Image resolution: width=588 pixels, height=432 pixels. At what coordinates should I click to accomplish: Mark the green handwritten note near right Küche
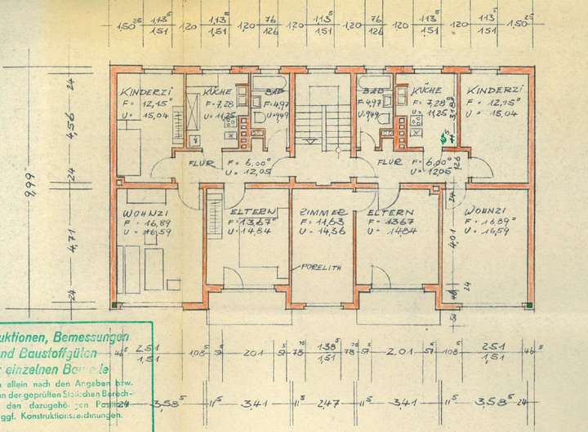[x=443, y=140]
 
